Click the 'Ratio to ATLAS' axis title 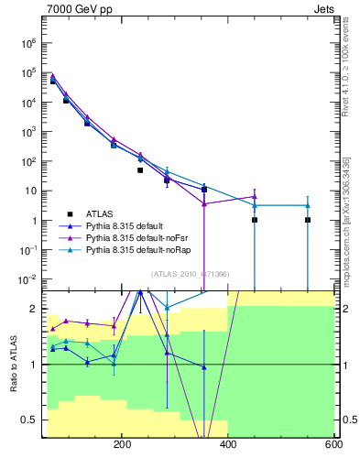pos(12,364)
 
